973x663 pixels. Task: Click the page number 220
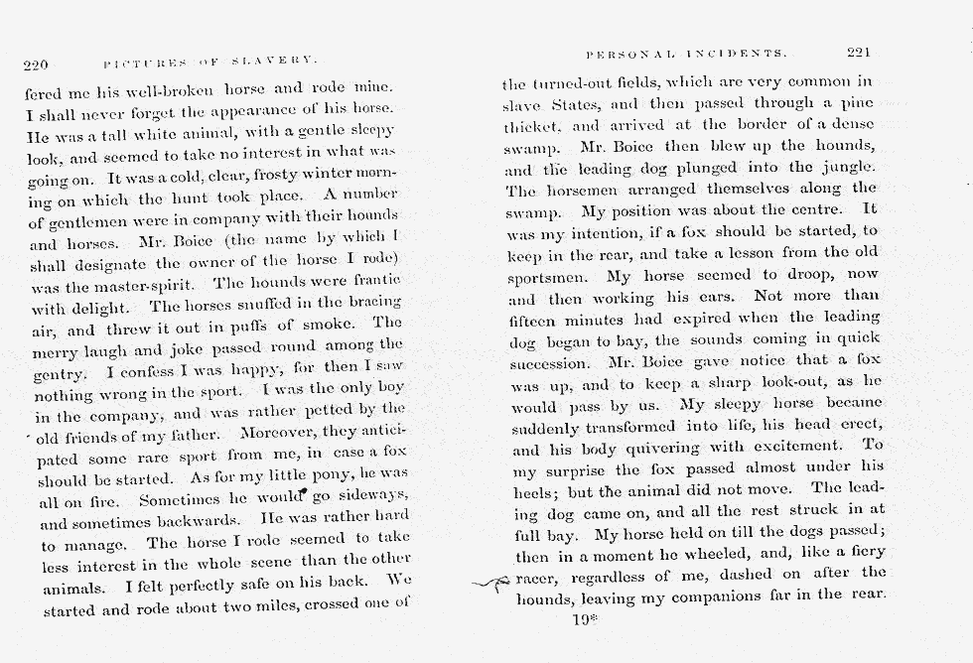coord(36,66)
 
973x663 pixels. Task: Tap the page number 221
coord(860,53)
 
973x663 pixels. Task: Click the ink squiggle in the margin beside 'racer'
coord(489,585)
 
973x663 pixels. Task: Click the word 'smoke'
coord(342,323)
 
